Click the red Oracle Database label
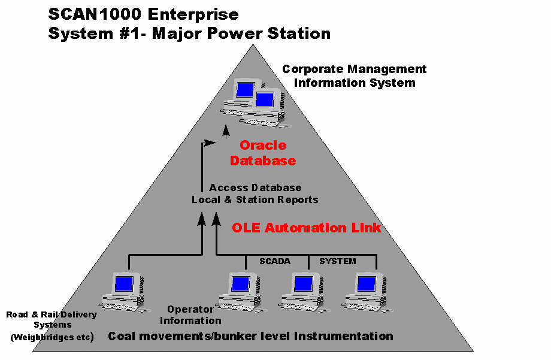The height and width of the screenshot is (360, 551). click(263, 153)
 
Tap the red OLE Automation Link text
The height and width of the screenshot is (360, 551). click(307, 228)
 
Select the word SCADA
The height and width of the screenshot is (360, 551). click(275, 261)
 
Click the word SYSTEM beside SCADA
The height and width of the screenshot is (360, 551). click(337, 261)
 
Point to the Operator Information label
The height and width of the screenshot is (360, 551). click(190, 315)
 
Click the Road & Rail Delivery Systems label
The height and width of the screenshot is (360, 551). click(52, 319)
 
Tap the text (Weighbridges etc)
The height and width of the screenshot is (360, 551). click(52, 337)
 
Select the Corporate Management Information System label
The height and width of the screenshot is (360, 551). click(354, 76)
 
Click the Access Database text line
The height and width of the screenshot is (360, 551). click(255, 187)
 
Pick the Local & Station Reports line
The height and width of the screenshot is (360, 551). click(255, 199)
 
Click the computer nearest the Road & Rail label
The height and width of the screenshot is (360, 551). click(125, 292)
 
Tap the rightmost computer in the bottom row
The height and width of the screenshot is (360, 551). click(367, 292)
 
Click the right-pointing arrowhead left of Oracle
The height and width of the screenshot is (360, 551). click(210, 143)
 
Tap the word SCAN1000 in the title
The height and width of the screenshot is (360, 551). click(95, 14)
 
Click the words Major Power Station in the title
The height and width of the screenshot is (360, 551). click(241, 34)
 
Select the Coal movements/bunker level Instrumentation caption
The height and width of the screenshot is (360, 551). click(250, 337)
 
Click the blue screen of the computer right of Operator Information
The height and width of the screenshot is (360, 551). click(241, 284)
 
